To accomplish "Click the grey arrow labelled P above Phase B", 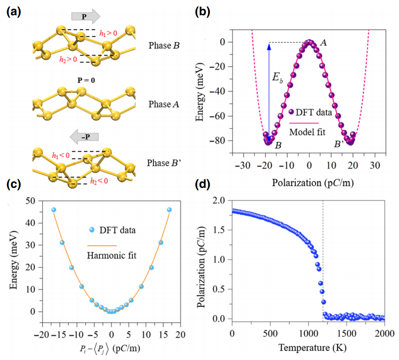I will click(85, 17).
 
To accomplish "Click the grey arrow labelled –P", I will click(84, 136).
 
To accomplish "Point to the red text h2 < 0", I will click(100, 182).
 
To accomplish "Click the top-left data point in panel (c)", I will click(54, 210).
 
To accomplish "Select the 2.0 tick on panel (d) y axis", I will click(219, 200).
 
